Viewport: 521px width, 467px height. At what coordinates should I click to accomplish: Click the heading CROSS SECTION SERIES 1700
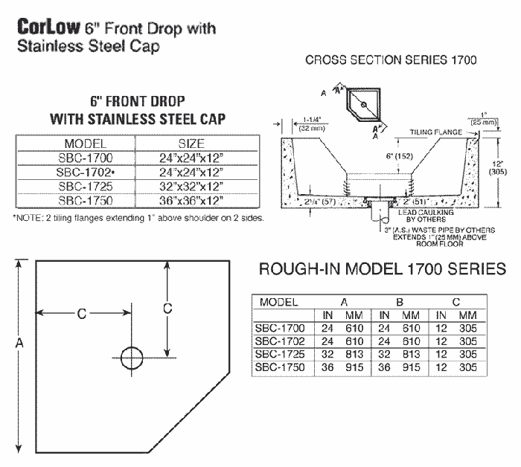[391, 60]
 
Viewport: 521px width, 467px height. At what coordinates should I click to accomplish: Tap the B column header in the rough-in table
[400, 303]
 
